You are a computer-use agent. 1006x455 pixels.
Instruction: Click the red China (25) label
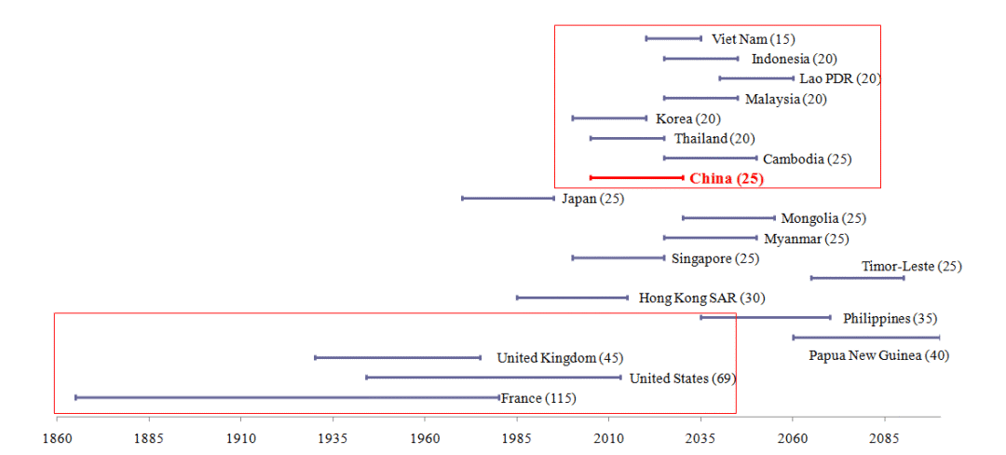[x=727, y=179]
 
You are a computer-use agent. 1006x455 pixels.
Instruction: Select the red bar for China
[x=636, y=177]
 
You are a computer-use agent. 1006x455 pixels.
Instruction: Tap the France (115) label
[x=538, y=398]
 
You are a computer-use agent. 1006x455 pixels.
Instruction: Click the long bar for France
[x=287, y=397]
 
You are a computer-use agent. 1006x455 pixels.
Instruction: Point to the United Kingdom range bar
[x=398, y=357]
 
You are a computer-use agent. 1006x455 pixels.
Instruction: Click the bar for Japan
[x=508, y=198]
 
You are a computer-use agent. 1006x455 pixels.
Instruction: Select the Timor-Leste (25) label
[x=911, y=267]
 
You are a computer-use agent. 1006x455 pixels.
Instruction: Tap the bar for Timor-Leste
[x=857, y=278]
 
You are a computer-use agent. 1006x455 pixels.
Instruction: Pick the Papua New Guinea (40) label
[x=878, y=355]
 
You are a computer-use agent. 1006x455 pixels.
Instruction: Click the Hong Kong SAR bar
[x=572, y=297]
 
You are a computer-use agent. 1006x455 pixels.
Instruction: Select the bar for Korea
[x=609, y=118]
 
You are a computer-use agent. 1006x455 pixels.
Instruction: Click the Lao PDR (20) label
[x=839, y=78]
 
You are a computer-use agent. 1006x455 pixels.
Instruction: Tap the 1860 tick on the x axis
[x=56, y=436]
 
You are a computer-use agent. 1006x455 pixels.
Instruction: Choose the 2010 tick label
[x=609, y=436]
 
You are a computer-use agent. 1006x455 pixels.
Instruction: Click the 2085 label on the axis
[x=885, y=436]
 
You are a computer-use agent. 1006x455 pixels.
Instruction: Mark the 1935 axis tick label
[x=333, y=436]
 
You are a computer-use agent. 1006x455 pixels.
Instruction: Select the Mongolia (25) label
[x=823, y=219]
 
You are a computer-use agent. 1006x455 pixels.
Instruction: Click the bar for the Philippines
[x=765, y=317]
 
